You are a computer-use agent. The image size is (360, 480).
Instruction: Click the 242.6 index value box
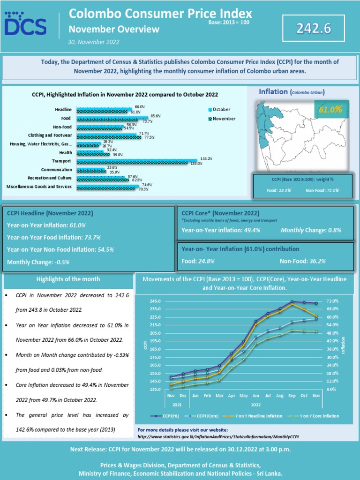(314, 29)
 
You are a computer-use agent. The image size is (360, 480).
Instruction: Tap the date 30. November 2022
(94, 42)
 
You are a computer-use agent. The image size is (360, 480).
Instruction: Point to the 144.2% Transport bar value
(207, 159)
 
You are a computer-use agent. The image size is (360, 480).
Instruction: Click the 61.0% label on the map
(330, 109)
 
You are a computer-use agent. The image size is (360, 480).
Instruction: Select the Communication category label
(57, 170)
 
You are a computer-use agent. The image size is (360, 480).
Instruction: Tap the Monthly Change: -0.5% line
(38, 262)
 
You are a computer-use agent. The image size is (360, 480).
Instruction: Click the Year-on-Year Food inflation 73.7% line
(54, 237)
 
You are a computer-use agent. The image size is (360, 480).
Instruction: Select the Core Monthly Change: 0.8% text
(310, 230)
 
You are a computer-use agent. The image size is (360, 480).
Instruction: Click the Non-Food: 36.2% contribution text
(302, 261)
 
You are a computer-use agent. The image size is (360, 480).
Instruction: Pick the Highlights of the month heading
(68, 279)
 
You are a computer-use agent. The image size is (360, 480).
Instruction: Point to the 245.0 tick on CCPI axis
(155, 301)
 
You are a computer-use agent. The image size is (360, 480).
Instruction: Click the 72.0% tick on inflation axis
(332, 301)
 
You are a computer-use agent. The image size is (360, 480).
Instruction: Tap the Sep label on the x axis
(292, 396)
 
